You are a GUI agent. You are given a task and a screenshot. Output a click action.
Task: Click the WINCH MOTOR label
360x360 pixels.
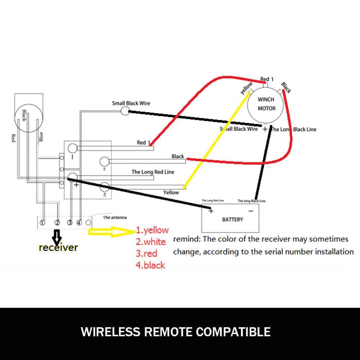point(266,104)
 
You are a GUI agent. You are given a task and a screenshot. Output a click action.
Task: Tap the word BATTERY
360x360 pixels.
point(233,219)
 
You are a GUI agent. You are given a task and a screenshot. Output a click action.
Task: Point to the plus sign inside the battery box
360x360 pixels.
point(211,211)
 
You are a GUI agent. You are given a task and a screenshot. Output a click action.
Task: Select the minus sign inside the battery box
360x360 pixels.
point(251,211)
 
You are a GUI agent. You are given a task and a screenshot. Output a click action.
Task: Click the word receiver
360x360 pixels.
point(58,248)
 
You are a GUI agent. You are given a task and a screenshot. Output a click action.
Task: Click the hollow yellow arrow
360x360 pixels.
point(112,232)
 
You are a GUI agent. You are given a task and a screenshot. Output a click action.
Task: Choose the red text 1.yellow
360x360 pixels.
point(152,230)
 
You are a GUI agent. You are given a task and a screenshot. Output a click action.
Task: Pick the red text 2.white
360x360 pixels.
point(150,242)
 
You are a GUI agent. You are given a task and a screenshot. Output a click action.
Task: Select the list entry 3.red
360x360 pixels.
point(147,253)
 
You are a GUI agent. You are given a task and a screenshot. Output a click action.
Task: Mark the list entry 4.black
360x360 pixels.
point(150,265)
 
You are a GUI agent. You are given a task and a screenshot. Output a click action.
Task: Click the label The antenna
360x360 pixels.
point(114,217)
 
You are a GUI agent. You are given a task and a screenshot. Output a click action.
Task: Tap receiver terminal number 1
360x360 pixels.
point(42,222)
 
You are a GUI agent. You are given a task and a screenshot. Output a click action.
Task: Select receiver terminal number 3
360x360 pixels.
point(70,222)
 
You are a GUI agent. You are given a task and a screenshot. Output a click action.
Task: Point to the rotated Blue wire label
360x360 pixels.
point(41,137)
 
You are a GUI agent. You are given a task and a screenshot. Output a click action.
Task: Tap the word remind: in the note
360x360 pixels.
point(187,239)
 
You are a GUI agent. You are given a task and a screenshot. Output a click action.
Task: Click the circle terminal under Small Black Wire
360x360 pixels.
point(125,111)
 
